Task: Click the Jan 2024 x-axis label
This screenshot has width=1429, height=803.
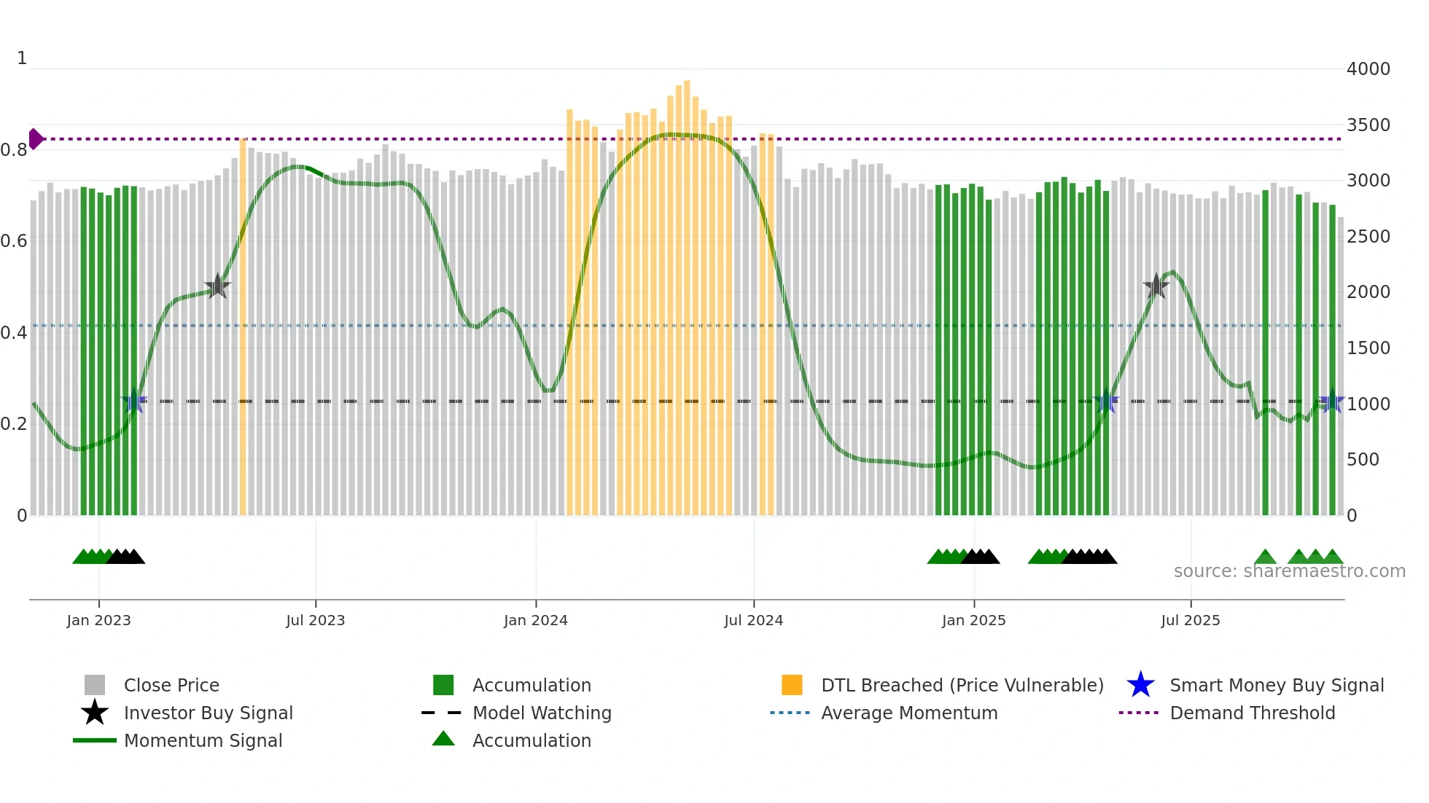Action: click(535, 620)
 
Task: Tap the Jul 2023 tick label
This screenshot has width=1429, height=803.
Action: click(315, 620)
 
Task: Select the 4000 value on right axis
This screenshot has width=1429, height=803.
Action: click(1368, 69)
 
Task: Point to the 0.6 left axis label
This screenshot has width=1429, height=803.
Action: click(14, 241)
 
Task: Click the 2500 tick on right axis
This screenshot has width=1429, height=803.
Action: click(1368, 237)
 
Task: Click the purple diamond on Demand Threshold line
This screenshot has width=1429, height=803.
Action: click(36, 138)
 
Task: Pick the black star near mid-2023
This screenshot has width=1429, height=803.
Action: click(217, 287)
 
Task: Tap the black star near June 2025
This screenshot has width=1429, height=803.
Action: click(1156, 286)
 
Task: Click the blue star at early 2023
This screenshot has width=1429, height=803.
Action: click(134, 401)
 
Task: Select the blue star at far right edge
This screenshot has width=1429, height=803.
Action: click(1332, 401)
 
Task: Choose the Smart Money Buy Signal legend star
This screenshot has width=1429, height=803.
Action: click(1140, 685)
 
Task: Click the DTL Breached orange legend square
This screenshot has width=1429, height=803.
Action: click(792, 685)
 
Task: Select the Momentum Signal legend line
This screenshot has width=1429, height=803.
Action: click(95, 740)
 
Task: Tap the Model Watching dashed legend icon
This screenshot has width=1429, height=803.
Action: click(442, 713)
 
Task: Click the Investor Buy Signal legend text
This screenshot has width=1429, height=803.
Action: click(209, 713)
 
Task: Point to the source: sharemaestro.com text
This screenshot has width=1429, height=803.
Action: click(1289, 571)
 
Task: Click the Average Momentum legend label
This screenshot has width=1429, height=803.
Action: click(909, 713)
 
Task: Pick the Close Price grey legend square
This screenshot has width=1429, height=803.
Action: click(95, 685)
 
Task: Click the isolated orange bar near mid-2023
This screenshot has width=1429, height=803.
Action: click(243, 328)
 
